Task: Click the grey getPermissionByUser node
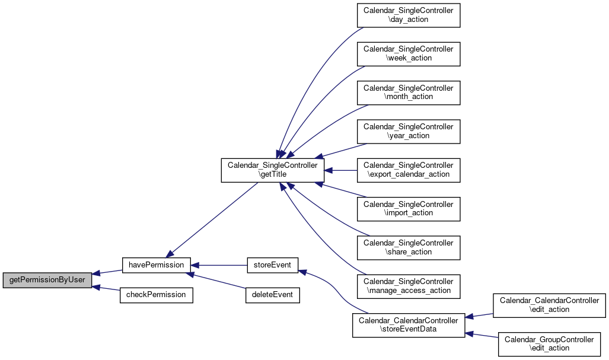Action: point(47,280)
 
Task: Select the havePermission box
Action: point(156,265)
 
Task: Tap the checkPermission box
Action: point(156,295)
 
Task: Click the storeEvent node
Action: point(272,265)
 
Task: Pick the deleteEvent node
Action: point(272,295)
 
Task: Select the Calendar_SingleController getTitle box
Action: point(273,170)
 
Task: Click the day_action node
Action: point(409,15)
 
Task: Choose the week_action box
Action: point(409,54)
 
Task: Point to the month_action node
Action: point(409,93)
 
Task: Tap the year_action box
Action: point(409,132)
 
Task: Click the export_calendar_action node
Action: point(409,170)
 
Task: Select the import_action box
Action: point(409,209)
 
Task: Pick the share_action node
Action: point(409,248)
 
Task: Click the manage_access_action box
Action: point(409,286)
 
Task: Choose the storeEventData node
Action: point(409,325)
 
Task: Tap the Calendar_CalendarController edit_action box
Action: point(549,305)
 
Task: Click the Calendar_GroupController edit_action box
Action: point(549,344)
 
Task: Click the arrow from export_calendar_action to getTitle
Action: point(340,170)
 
